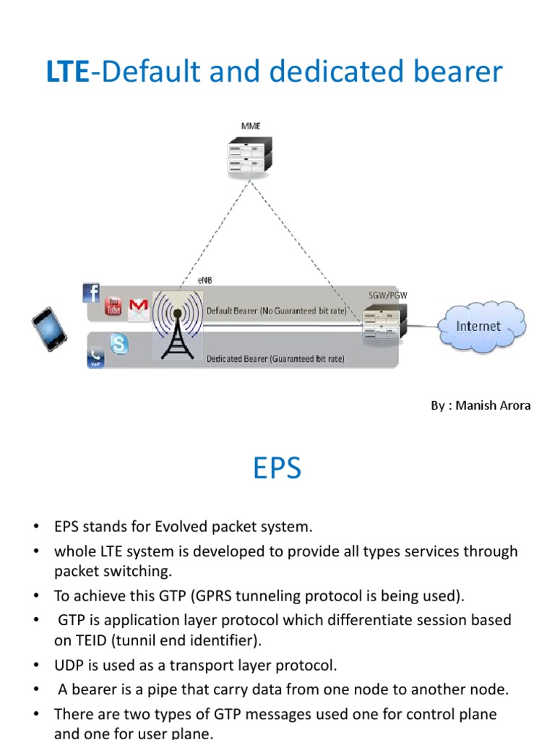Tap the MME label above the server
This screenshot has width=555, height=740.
(251, 126)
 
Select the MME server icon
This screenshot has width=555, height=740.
(251, 157)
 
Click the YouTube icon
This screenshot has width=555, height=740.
(113, 306)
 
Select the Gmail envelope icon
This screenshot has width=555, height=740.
(138, 309)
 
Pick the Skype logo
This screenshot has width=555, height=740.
(119, 344)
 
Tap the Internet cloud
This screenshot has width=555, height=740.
(478, 326)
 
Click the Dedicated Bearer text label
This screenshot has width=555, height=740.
(275, 358)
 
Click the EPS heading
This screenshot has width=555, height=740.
(277, 470)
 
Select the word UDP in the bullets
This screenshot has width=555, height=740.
(69, 665)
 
